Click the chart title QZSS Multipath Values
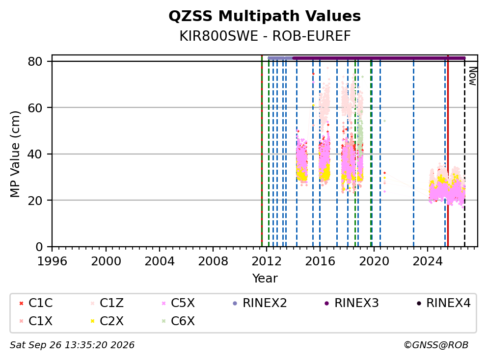265,16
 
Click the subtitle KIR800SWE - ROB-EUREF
265,36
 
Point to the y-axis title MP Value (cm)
15,154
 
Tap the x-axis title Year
265,279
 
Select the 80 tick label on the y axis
35,62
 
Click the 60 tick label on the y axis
35,108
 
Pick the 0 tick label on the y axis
39,247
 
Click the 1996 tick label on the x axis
52,261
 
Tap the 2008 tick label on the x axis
213,261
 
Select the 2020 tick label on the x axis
374,261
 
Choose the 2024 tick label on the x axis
428,261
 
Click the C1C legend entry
36,303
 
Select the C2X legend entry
107,321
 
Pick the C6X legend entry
178,321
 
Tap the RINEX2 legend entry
260,303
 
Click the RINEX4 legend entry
443,303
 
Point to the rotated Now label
472,77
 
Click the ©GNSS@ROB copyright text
436,345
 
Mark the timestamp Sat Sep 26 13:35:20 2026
72,345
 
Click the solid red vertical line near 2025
448,151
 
